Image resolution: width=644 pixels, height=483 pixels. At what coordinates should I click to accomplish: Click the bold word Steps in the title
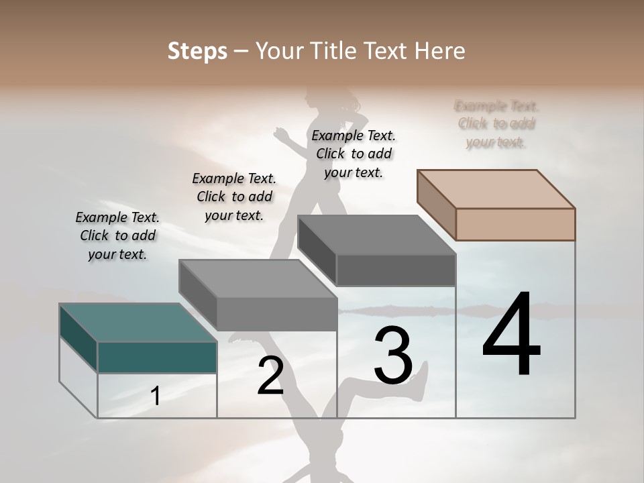click(x=197, y=51)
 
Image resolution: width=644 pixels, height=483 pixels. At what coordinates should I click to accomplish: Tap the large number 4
click(x=512, y=335)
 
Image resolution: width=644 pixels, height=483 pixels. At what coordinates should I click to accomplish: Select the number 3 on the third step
click(x=393, y=356)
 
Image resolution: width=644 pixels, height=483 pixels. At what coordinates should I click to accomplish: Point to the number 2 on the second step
click(x=270, y=376)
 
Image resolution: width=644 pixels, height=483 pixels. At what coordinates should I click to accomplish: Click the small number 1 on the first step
click(x=156, y=396)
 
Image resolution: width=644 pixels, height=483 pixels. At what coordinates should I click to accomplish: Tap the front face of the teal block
click(x=157, y=357)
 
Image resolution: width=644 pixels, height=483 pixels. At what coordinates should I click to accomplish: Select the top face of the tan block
click(x=496, y=189)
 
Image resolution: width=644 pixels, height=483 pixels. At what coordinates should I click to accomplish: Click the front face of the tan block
click(x=515, y=224)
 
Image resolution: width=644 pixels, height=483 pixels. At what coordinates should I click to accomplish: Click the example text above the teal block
click(x=117, y=235)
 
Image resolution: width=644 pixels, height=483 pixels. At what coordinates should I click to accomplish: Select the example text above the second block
click(x=234, y=197)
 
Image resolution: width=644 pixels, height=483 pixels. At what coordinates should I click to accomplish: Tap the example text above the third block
click(x=354, y=154)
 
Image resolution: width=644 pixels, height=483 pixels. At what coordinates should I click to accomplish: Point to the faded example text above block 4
click(x=496, y=124)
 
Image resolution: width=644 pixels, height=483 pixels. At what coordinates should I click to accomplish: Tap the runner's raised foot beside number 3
click(x=419, y=382)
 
